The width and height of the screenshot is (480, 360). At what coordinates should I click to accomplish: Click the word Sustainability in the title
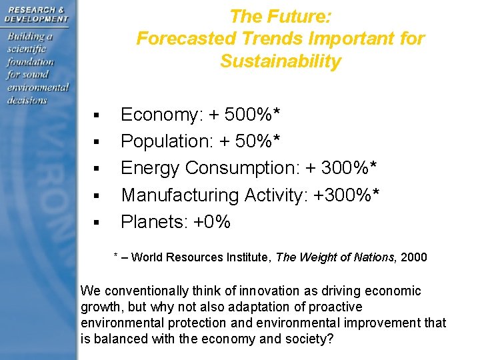click(280, 62)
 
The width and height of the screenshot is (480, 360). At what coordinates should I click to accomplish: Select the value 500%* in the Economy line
click(253, 115)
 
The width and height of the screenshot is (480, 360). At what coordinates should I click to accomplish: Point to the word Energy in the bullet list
click(150, 169)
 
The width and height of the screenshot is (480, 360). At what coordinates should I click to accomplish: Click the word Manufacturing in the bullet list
click(180, 195)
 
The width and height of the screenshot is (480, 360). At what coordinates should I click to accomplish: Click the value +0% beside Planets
click(211, 221)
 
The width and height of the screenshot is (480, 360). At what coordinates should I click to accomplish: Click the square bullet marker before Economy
click(97, 117)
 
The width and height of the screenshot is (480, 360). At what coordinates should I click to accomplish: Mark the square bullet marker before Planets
click(97, 223)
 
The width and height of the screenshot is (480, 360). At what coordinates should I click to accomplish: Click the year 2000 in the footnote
click(414, 257)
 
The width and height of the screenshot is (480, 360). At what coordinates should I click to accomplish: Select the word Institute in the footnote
click(229, 257)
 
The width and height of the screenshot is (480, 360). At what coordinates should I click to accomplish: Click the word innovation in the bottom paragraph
click(255, 291)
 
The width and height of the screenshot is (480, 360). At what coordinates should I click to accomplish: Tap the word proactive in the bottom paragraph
click(336, 307)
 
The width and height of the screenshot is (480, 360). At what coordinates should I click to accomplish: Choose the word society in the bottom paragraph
click(305, 339)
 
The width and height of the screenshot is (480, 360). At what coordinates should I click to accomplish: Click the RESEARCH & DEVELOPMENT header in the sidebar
click(36, 15)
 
